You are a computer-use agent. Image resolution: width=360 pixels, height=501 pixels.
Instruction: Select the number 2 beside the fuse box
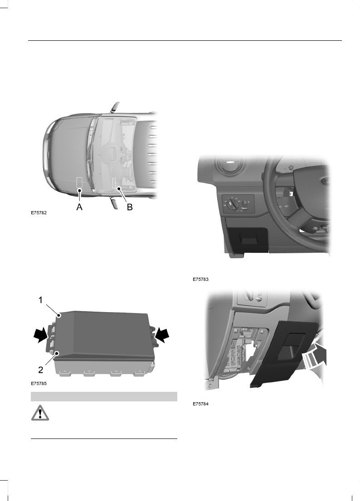point(40,369)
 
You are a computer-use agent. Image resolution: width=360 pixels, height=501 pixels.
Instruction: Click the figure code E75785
point(39,383)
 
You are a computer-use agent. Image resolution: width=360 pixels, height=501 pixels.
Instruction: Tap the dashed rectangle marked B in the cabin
point(115,183)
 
